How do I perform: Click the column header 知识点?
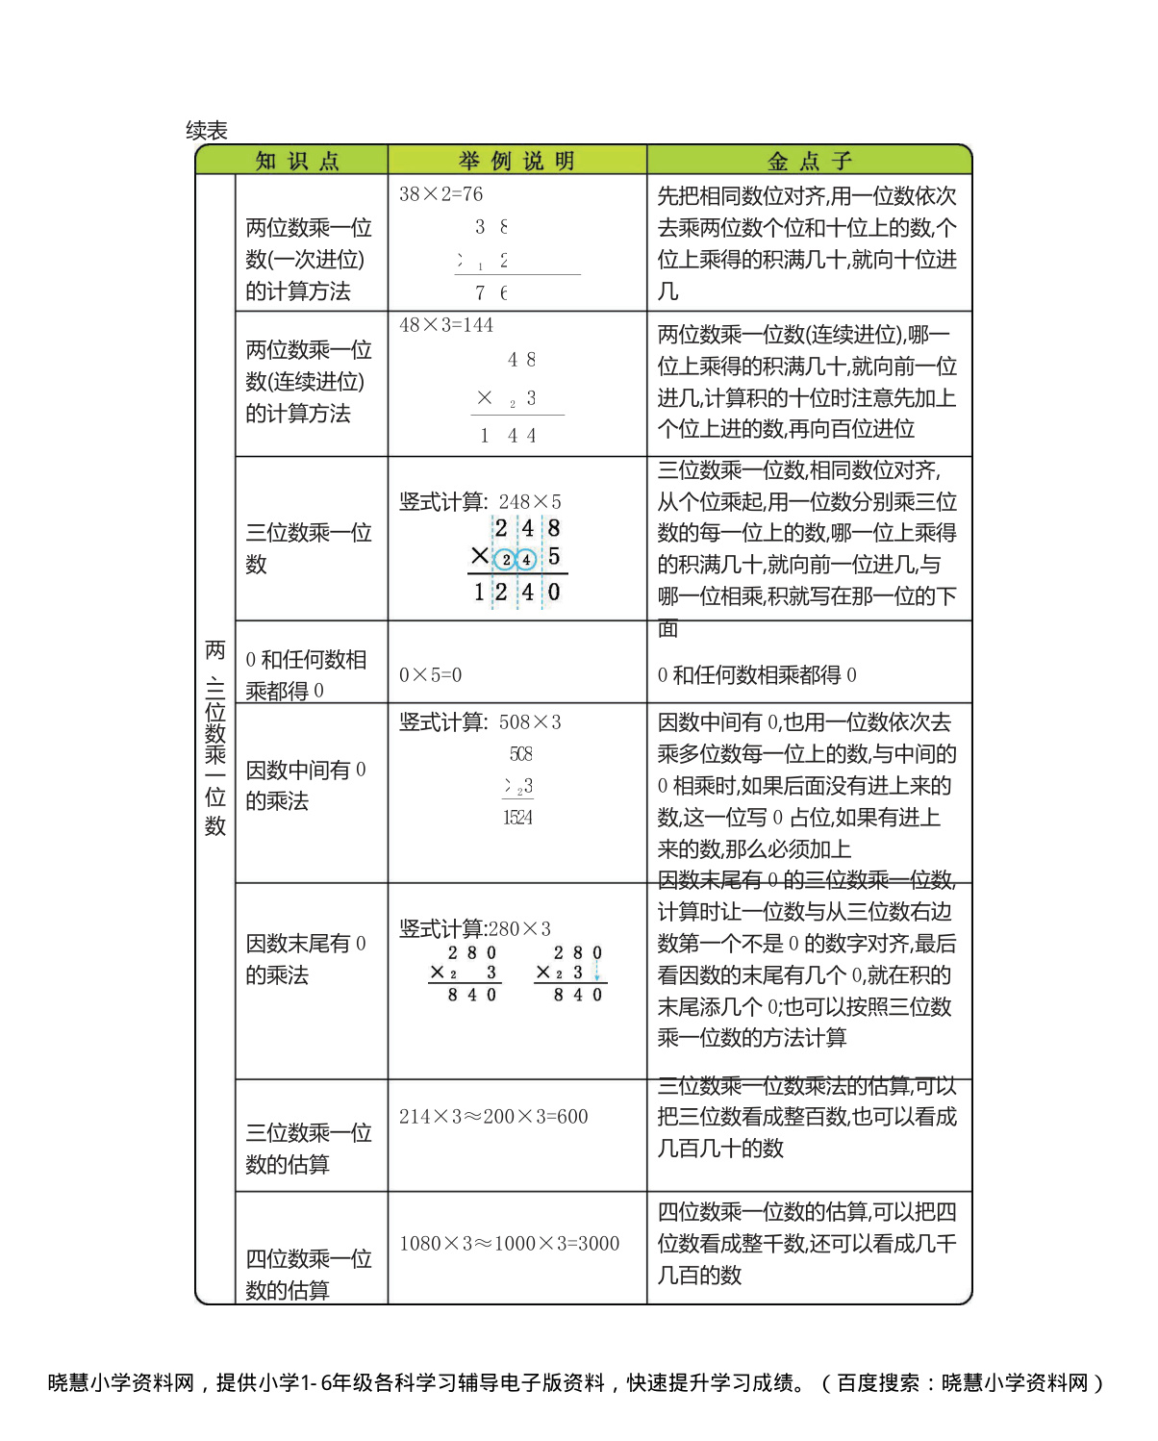point(296,161)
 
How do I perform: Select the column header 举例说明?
point(516,161)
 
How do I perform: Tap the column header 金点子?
point(809,161)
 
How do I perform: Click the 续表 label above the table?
point(207,131)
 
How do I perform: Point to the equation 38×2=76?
point(441,194)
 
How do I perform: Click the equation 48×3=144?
point(445,325)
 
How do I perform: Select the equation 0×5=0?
point(430,675)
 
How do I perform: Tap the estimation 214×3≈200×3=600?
point(493,1117)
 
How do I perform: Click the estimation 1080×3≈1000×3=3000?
point(509,1244)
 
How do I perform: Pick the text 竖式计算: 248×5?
point(480,502)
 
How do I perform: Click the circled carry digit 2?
point(506,560)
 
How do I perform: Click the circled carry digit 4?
point(526,560)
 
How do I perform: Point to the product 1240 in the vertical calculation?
point(516,593)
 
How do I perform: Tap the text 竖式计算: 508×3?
point(480,722)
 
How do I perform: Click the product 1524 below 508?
point(517,818)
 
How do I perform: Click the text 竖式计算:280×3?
point(475,929)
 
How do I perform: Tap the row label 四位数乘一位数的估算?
point(308,1275)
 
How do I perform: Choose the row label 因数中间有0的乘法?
point(305,785)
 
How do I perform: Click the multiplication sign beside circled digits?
point(480,556)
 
